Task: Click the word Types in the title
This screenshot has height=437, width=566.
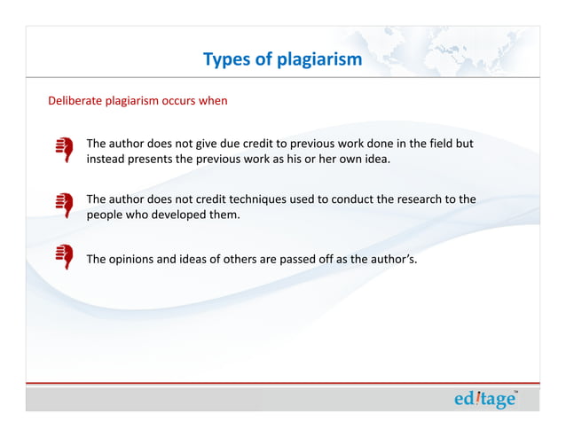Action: pyautogui.click(x=224, y=60)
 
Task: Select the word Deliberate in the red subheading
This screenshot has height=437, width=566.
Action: pyautogui.click(x=75, y=101)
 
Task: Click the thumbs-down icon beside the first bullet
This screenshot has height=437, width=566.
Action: pyautogui.click(x=63, y=149)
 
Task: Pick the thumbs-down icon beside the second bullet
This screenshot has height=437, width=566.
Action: pyautogui.click(x=63, y=206)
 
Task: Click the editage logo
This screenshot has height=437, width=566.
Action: pyautogui.click(x=485, y=400)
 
